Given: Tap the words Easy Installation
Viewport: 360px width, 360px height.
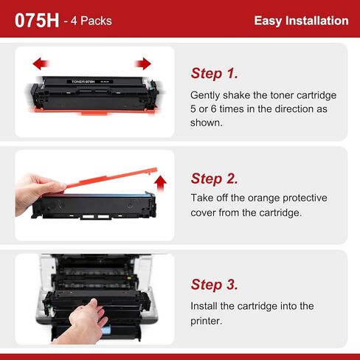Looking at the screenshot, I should [301, 21].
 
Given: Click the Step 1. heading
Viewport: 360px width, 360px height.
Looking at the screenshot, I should [215, 73].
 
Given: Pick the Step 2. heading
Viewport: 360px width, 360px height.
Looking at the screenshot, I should [215, 179].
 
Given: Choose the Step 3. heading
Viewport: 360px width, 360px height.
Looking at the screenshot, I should [215, 285].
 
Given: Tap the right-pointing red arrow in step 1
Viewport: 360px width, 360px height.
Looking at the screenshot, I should [143, 63].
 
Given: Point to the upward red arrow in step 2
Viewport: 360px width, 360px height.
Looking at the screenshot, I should [161, 183].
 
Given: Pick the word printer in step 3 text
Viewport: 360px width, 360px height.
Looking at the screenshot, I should [207, 321].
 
